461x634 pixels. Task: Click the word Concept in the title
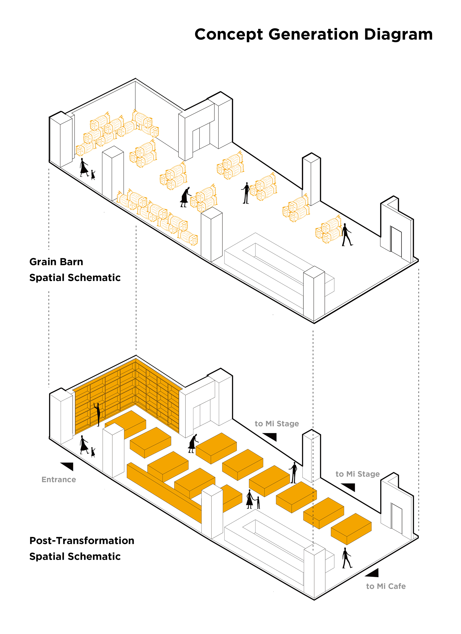click(228, 35)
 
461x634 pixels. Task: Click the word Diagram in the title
click(398, 35)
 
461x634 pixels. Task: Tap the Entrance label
click(59, 480)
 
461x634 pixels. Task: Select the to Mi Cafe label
click(386, 586)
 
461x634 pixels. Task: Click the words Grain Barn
click(56, 262)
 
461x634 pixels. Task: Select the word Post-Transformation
click(82, 541)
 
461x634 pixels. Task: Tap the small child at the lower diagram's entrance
click(93, 452)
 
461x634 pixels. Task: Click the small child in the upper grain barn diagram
click(93, 175)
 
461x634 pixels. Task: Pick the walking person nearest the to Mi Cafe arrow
click(347, 558)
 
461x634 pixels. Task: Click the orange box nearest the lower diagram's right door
click(351, 529)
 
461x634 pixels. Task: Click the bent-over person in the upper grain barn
click(185, 197)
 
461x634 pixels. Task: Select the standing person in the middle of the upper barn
click(246, 193)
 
